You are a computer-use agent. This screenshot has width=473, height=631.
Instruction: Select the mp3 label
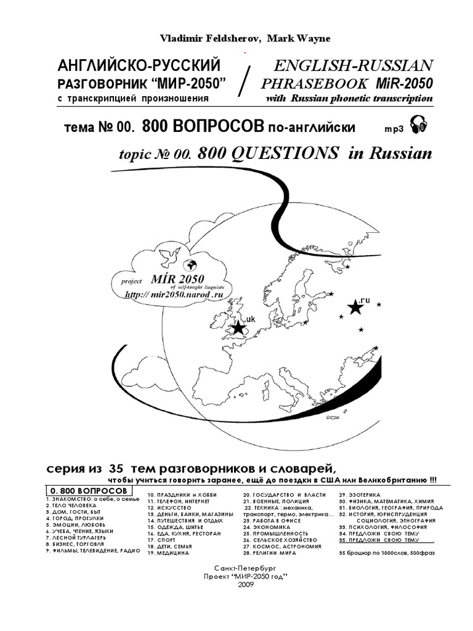point(392,128)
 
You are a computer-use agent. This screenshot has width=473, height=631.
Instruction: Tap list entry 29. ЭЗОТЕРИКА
point(360,495)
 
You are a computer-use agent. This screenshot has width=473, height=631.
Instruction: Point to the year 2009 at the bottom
point(237,584)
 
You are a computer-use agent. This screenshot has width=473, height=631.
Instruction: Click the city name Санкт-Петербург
point(237,566)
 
